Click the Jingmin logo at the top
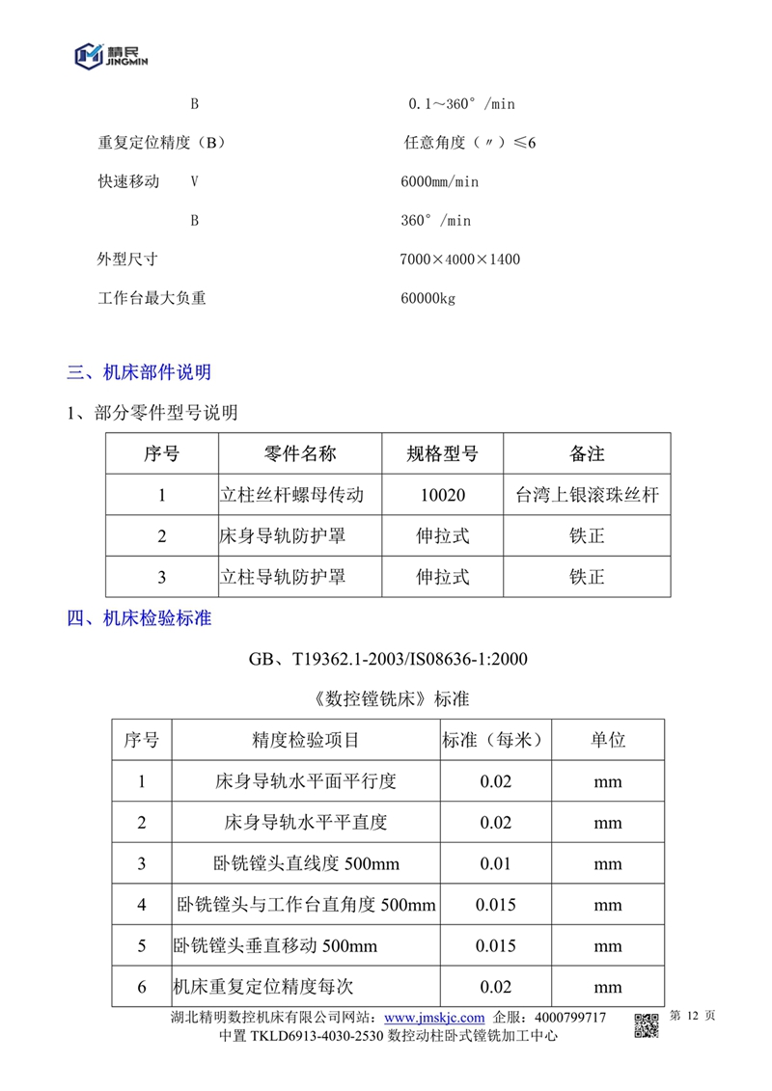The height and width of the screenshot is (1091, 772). click(112, 56)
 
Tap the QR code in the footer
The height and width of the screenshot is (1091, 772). click(646, 1026)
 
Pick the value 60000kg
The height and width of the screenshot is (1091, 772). click(427, 298)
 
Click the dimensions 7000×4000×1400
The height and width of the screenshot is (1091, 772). click(459, 259)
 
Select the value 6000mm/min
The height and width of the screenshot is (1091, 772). click(439, 181)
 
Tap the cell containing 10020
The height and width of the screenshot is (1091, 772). click(443, 496)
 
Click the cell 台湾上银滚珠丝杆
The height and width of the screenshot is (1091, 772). click(587, 496)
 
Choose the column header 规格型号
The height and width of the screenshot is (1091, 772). click(443, 453)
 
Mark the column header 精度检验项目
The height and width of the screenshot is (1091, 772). click(305, 740)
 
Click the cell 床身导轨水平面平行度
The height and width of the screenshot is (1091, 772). click(305, 781)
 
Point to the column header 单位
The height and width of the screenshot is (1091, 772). click(608, 740)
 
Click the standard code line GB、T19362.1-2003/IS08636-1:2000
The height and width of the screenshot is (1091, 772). click(388, 660)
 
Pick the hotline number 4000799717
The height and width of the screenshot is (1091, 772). click(570, 1018)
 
